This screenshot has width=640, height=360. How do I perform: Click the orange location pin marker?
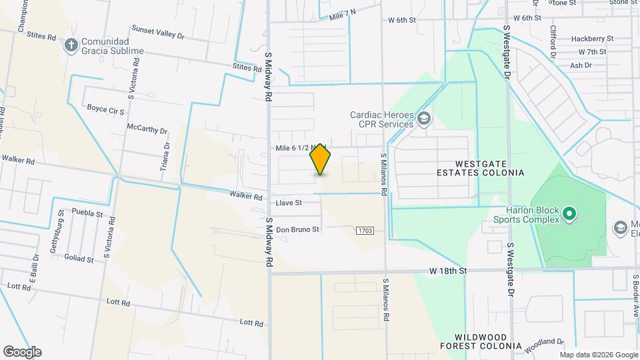321,159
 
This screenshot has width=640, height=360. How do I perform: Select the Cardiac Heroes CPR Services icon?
424,119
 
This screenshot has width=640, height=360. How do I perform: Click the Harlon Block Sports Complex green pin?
569,214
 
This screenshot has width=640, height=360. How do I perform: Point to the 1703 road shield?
365,231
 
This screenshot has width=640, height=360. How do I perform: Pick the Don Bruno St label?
299,229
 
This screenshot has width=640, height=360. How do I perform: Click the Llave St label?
289,202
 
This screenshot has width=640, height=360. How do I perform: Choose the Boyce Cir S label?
105,108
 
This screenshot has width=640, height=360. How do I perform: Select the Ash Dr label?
581,65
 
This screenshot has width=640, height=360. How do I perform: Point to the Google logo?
22,352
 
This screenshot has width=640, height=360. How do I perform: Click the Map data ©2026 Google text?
599,355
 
